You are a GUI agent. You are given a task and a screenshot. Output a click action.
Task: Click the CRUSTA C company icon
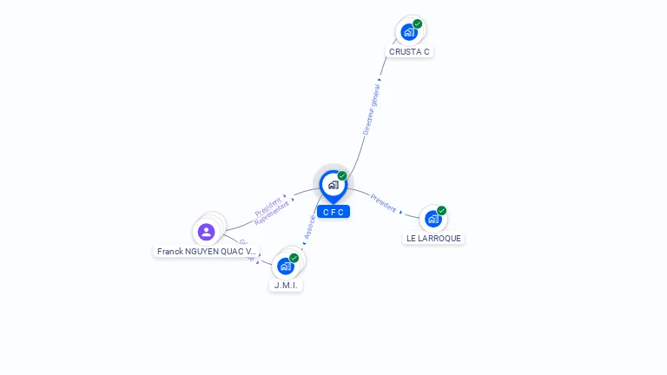tap(408, 32)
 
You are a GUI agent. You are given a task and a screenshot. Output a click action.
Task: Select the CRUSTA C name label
tap(409, 52)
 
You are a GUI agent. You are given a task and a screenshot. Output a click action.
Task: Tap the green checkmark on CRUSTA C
tap(418, 24)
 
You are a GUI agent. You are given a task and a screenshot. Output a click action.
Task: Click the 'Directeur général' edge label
tap(372, 109)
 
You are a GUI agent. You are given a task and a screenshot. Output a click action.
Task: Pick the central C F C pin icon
tap(333, 185)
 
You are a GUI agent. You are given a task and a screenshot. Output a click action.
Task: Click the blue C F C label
tap(333, 212)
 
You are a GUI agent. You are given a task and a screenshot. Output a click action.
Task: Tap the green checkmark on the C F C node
tap(342, 176)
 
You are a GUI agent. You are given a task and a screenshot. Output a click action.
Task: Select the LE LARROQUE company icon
tap(433, 219)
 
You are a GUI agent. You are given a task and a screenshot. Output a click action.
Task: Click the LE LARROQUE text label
tap(433, 238)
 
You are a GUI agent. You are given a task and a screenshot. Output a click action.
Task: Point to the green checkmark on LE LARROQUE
tap(442, 211)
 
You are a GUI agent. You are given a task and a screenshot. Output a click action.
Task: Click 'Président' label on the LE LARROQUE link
tap(383, 202)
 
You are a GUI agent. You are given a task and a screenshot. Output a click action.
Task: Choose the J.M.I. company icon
tap(285, 266)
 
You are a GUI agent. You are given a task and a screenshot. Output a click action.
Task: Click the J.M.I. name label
tap(286, 285)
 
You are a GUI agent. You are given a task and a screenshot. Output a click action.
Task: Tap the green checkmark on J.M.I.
tap(294, 258)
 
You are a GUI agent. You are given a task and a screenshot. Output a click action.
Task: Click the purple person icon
tap(206, 232)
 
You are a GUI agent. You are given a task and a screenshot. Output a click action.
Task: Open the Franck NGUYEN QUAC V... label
tap(207, 252)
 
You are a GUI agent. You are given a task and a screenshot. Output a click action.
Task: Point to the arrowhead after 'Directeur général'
tap(380, 80)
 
